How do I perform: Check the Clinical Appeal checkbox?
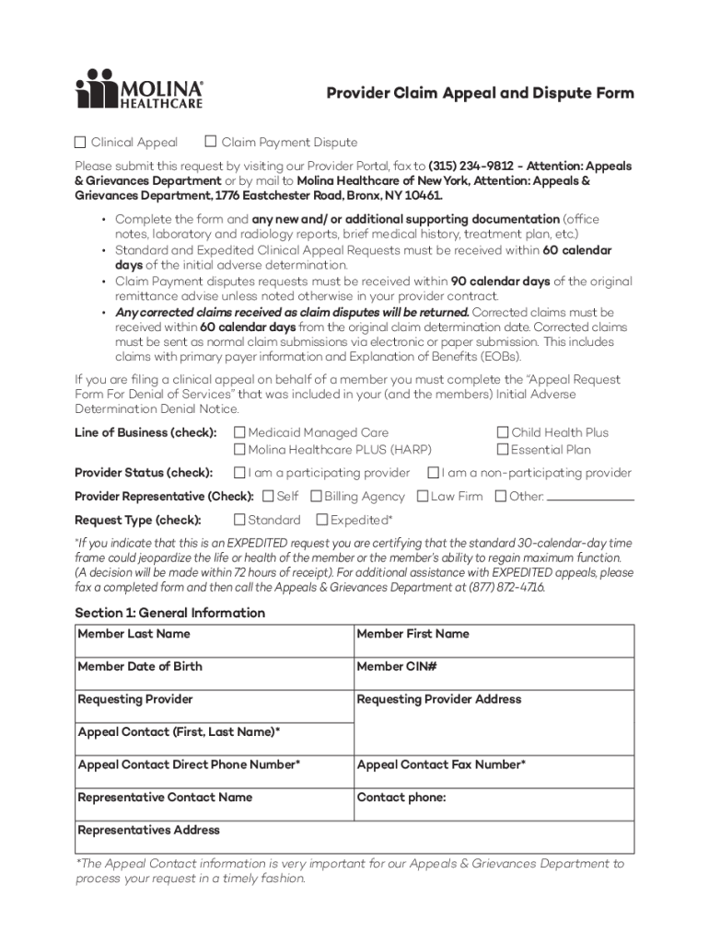tap(80, 143)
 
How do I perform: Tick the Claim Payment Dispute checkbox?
tap(210, 143)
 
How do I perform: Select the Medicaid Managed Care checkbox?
tap(239, 432)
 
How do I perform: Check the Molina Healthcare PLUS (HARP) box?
tap(239, 450)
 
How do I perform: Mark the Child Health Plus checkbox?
tap(503, 432)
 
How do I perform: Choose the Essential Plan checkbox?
tap(503, 450)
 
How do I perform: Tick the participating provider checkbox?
tap(239, 473)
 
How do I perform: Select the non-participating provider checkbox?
tap(432, 473)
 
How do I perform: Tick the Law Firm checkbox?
tap(422, 497)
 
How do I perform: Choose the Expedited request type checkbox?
tap(322, 521)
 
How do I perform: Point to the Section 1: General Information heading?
tap(169, 613)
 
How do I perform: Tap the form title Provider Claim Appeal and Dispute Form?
tap(481, 94)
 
